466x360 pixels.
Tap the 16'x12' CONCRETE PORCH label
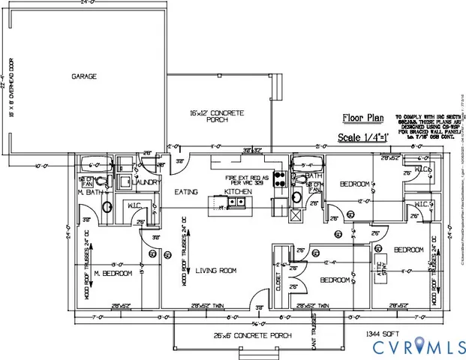click(218, 116)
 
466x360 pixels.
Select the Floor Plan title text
click(363, 117)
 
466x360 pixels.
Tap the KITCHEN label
click(236, 192)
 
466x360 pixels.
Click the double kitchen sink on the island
click(240, 202)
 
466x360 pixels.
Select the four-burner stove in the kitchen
click(279, 178)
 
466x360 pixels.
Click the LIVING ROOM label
click(216, 271)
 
